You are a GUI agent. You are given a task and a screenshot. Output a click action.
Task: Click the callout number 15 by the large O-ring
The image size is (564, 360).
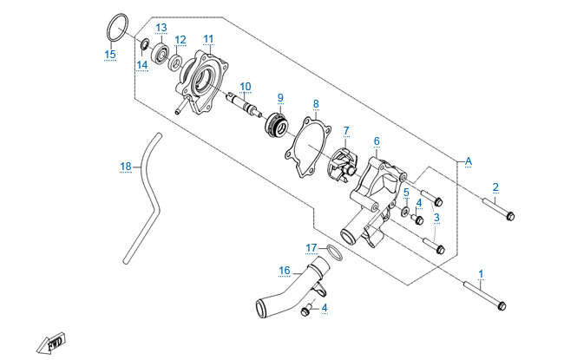click(109, 55)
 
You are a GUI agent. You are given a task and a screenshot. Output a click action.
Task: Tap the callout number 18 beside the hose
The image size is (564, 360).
click(126, 166)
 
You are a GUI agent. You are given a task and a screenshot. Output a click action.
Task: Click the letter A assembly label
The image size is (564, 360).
click(469, 160)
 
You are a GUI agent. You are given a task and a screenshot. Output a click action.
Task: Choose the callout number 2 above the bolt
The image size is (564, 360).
click(495, 187)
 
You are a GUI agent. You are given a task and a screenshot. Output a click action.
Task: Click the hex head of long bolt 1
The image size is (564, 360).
click(502, 306)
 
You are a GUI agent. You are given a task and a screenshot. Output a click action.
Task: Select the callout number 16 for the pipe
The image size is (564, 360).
click(284, 270)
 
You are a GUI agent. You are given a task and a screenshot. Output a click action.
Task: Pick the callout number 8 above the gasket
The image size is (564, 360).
click(316, 104)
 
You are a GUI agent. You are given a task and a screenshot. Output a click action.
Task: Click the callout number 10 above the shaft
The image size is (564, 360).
click(246, 86)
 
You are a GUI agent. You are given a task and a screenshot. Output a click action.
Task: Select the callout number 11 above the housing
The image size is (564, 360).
click(208, 39)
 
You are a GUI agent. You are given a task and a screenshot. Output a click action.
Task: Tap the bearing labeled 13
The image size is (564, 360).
click(161, 55)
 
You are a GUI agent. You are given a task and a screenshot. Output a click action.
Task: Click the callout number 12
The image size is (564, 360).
click(180, 40)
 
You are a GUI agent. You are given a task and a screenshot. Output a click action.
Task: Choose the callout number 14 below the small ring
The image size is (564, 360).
click(141, 64)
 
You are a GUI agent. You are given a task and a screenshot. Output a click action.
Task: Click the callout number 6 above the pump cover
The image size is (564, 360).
click(377, 141)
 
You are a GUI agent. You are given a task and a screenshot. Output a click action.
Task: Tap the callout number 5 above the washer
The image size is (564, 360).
click(406, 192)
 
